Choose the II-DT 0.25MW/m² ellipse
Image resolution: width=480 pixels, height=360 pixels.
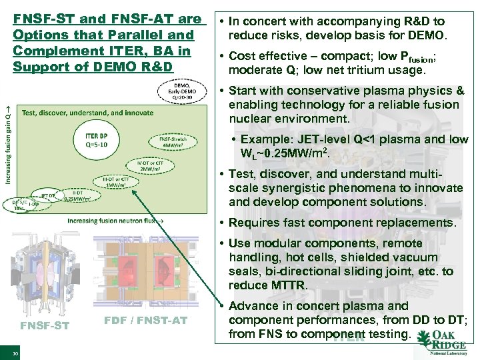(x=77, y=194)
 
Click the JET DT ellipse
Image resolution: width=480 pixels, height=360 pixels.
(x=47, y=195)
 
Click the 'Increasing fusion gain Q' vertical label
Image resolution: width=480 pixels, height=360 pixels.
(x=9, y=139)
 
